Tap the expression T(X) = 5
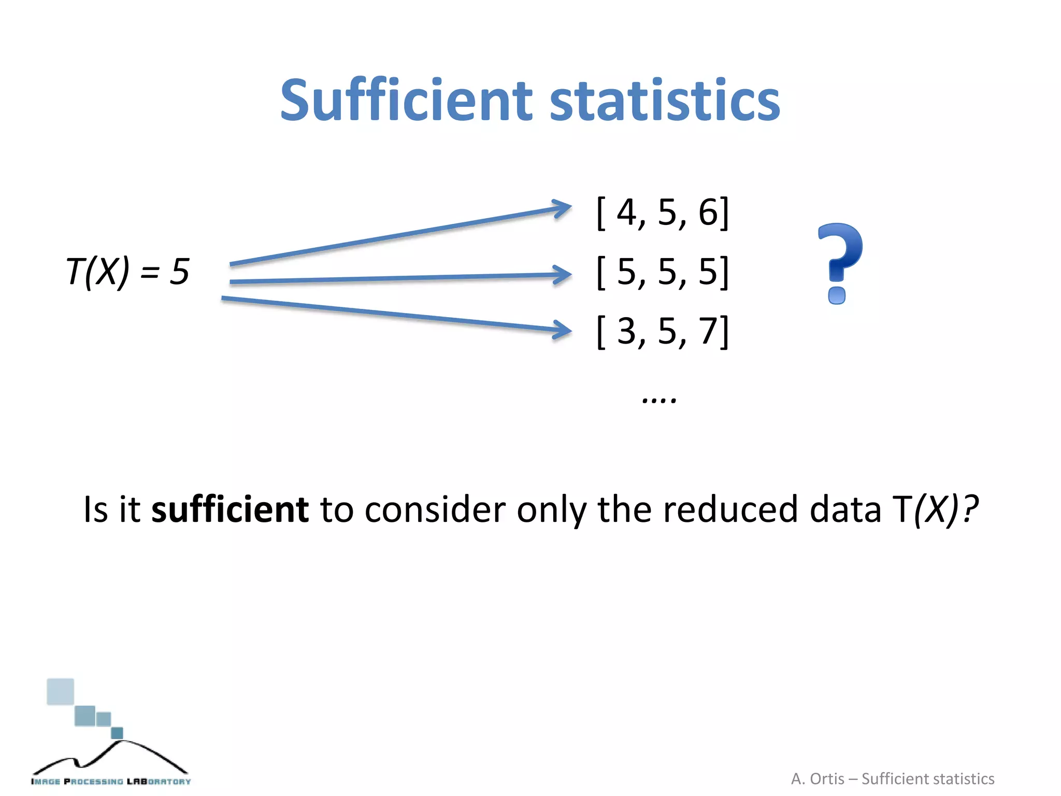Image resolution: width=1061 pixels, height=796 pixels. click(127, 272)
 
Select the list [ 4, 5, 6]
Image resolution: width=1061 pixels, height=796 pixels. click(663, 212)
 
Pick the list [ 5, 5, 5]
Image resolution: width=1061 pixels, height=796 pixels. click(663, 272)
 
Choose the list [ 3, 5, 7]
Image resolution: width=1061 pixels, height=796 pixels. click(663, 331)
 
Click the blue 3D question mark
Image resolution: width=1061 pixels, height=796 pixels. click(839, 262)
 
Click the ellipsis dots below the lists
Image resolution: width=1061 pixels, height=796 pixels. click(659, 400)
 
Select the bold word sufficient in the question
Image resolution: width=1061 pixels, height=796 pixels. click(230, 509)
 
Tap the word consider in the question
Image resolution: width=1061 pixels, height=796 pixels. click(435, 509)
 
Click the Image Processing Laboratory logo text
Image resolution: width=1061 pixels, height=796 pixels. click(111, 781)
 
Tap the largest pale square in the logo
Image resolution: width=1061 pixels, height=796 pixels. click(60, 691)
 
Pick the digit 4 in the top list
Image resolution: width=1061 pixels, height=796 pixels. click(627, 212)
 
